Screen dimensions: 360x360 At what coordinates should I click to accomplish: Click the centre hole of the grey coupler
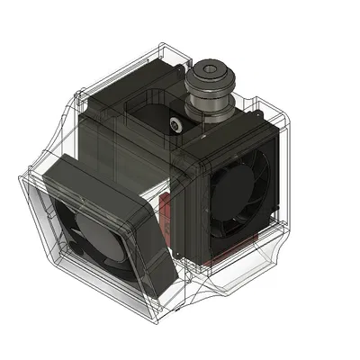point(210,68)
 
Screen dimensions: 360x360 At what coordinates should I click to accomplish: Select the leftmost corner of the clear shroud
point(20,184)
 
